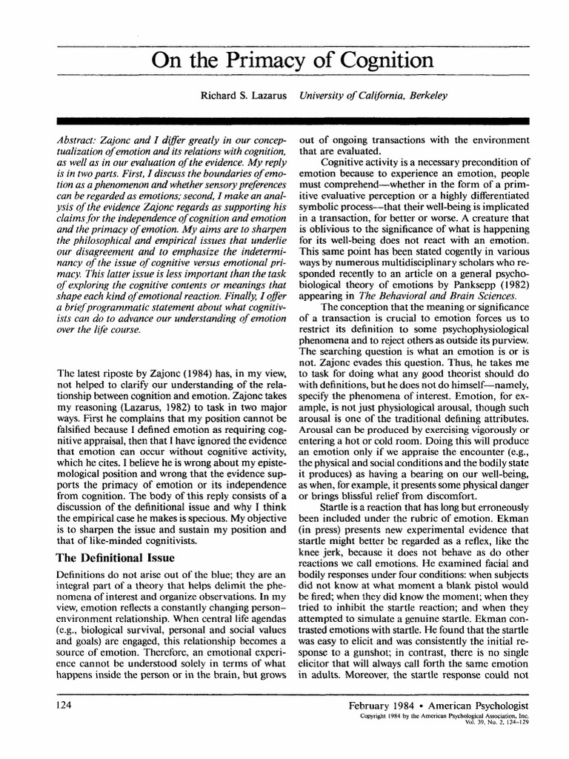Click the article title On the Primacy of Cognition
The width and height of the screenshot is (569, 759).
click(292, 60)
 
